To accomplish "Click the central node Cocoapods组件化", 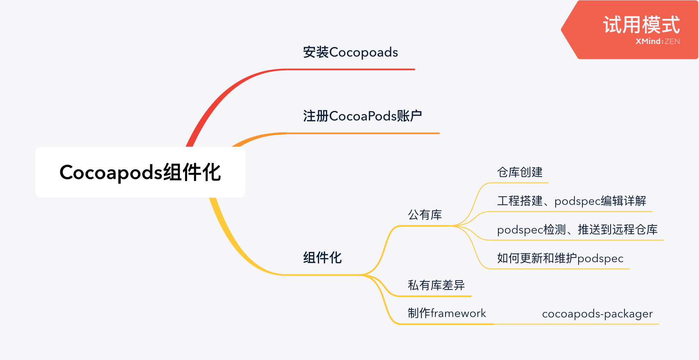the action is click(x=140, y=172).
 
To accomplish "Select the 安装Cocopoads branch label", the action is click(x=350, y=52).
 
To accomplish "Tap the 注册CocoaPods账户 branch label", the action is click(x=362, y=116).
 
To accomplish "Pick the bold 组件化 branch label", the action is click(x=322, y=258).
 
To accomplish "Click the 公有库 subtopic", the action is click(x=425, y=215).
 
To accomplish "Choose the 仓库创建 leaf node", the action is click(x=520, y=172).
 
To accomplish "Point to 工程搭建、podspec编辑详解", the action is click(x=571, y=201).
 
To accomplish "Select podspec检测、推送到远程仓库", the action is click(x=577, y=229).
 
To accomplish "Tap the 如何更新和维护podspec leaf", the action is click(x=560, y=258).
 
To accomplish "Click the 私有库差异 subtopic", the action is click(x=436, y=285).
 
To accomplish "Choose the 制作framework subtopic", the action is click(x=447, y=313).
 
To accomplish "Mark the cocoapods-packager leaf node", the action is click(x=597, y=314).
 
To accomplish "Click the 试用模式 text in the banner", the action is click(x=641, y=25).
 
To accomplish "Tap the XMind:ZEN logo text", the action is click(x=658, y=41).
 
